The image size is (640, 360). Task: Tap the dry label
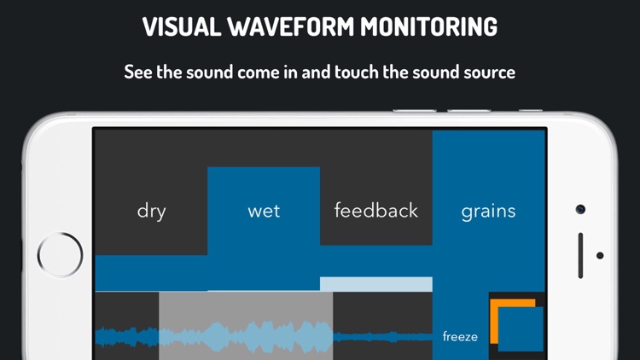[151, 211]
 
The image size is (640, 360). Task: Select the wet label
[264, 211]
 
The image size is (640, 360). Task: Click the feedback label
[376, 211]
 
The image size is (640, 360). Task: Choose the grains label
[488, 211]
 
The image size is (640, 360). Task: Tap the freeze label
[460, 337]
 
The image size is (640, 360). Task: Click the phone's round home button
[61, 254]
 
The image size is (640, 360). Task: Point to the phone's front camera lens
[580, 209]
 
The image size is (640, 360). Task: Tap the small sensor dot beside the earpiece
[600, 255]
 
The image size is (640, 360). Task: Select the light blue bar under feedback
[376, 284]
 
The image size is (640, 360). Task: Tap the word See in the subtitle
[139, 72]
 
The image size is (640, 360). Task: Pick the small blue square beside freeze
[521, 329]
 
